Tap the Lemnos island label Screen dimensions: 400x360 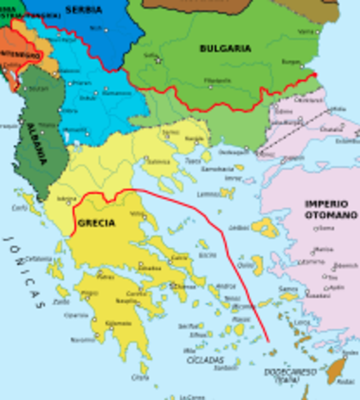pyautogui.click(x=208, y=194)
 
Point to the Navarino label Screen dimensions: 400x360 pyautogui.click(x=82, y=339)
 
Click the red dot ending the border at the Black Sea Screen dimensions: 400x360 pyautogui.click(x=315, y=76)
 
